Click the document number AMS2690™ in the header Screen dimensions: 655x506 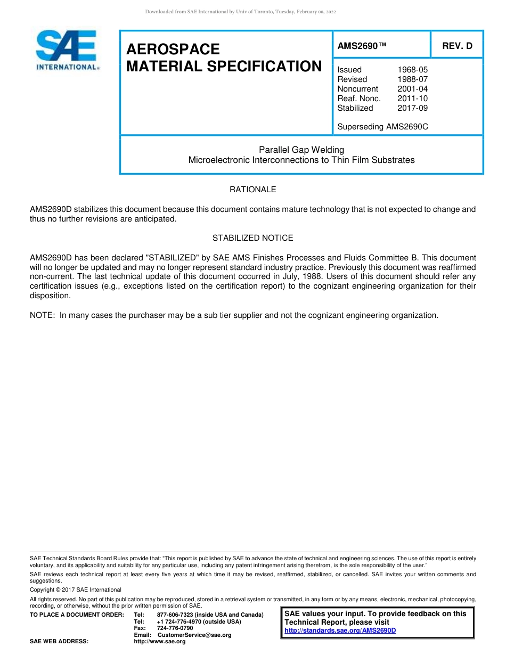click(x=362, y=46)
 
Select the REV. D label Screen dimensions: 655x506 click(x=457, y=46)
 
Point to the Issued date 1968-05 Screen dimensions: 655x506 click(x=412, y=70)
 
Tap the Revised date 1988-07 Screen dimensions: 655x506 click(x=412, y=79)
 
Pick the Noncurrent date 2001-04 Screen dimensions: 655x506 click(x=412, y=89)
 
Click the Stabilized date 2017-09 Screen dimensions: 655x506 click(x=412, y=108)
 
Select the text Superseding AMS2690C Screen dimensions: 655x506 click(x=382, y=127)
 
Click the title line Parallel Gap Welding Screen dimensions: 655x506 click(x=301, y=150)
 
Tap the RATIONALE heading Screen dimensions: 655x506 click(x=252, y=190)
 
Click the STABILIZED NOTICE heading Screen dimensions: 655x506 click(x=252, y=238)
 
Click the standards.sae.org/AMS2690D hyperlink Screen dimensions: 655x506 click(x=340, y=631)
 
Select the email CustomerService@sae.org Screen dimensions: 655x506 click(x=194, y=635)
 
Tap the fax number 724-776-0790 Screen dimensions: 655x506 click(x=175, y=628)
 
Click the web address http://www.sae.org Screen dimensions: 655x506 click(x=160, y=642)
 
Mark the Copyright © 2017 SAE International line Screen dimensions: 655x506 click(x=76, y=589)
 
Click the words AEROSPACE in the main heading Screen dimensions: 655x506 click(x=173, y=50)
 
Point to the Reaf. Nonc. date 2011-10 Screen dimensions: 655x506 click(x=412, y=99)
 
